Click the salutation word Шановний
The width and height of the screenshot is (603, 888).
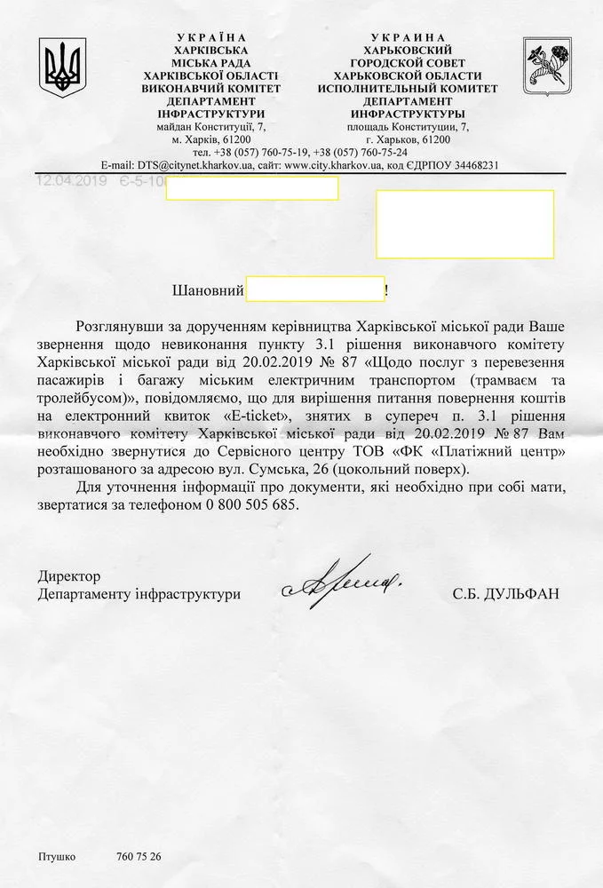(x=206, y=289)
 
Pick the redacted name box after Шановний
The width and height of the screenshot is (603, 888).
(x=314, y=289)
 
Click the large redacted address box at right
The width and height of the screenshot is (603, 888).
(x=464, y=223)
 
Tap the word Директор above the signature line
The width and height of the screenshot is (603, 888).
(x=69, y=575)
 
